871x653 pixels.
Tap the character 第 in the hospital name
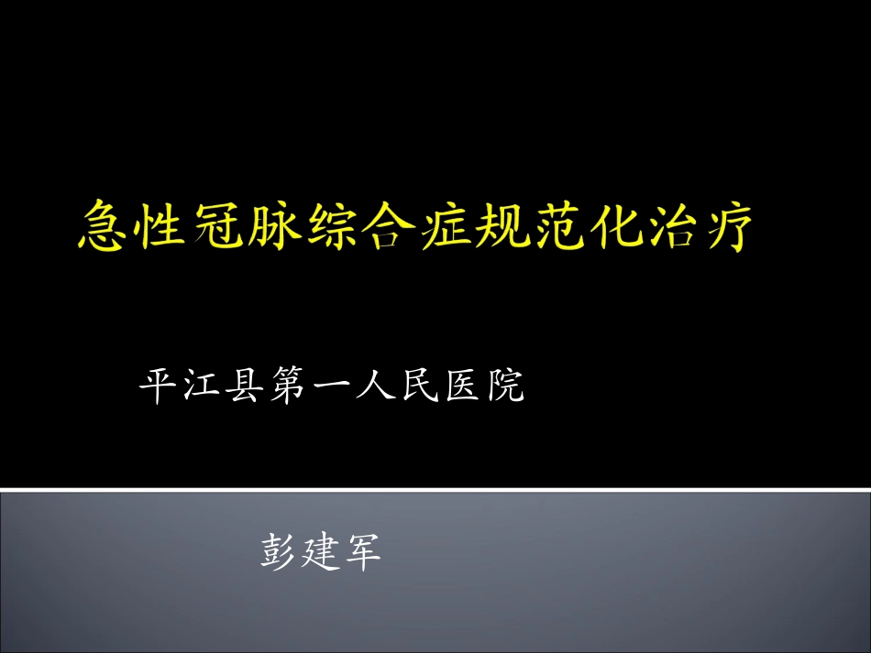(x=287, y=386)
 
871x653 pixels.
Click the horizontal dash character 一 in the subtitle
(x=331, y=386)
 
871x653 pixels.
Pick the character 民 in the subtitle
(x=418, y=386)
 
